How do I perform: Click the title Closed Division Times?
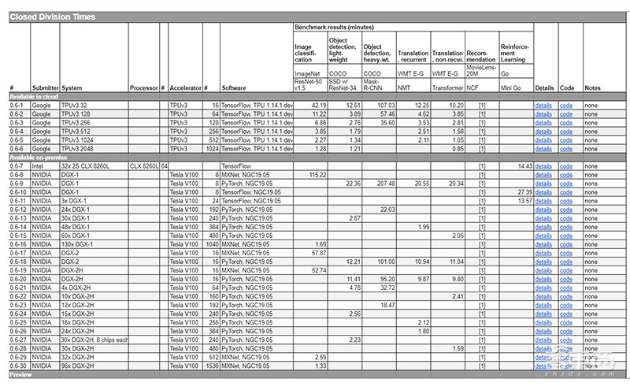pyautogui.click(x=52, y=17)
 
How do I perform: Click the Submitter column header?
pyautogui.click(x=45, y=87)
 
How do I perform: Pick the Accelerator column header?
pyautogui.click(x=185, y=87)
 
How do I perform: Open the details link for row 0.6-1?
pyautogui.click(x=543, y=104)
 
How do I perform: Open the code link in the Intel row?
pyautogui.click(x=566, y=166)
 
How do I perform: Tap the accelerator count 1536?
pyautogui.click(x=210, y=366)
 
